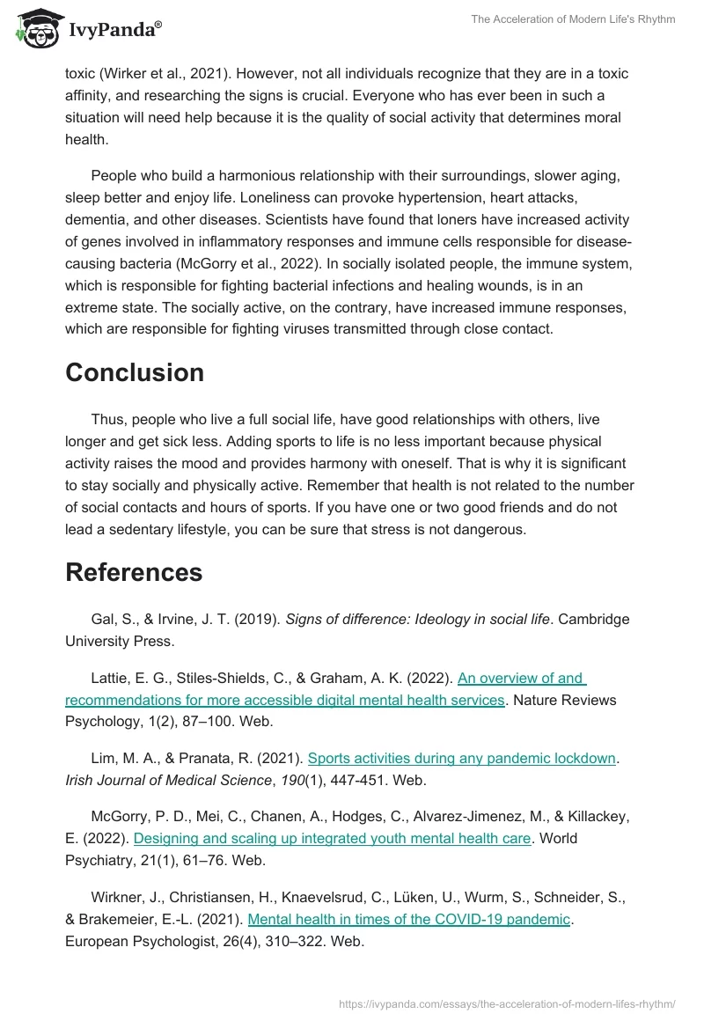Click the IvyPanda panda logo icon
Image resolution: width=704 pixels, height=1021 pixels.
(x=36, y=28)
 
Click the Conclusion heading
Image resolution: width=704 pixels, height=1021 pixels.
(x=135, y=372)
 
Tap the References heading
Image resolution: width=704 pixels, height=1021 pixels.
(x=134, y=572)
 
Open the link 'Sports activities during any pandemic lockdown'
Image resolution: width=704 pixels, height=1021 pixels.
(x=461, y=758)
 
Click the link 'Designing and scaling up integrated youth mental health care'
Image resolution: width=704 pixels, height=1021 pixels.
(x=333, y=839)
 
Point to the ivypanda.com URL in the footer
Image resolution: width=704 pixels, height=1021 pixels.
(x=508, y=1003)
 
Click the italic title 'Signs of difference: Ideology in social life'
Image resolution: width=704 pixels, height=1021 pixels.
(x=413, y=619)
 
